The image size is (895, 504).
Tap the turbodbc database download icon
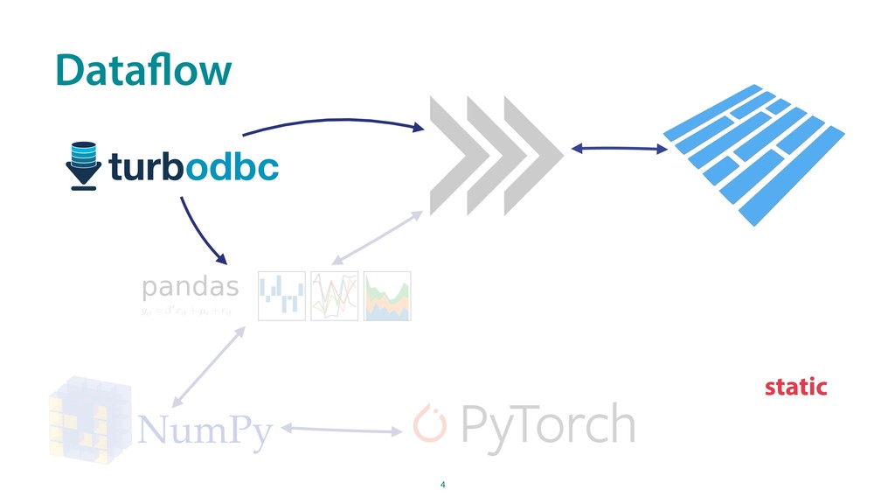click(x=85, y=164)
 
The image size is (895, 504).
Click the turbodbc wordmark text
click(x=194, y=165)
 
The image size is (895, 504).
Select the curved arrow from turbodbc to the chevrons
click(x=332, y=119)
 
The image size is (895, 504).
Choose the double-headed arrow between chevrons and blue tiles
click(x=619, y=149)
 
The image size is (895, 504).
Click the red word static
click(x=795, y=387)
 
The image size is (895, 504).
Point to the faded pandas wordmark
click(x=190, y=287)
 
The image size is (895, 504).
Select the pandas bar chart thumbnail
click(x=281, y=296)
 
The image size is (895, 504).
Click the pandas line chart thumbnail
click(x=334, y=296)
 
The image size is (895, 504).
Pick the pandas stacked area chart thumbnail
click(x=387, y=296)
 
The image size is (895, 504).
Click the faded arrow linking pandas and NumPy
click(x=208, y=366)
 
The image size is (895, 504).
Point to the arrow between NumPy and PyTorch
click(x=342, y=430)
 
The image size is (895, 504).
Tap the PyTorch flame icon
click(x=429, y=423)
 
